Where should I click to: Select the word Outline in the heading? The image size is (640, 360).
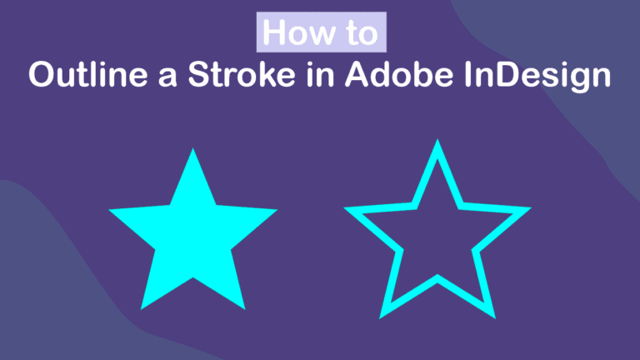click(x=88, y=75)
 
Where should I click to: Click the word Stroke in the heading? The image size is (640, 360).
click(x=242, y=74)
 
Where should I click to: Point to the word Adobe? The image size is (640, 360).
click(x=399, y=74)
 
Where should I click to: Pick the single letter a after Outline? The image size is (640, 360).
click(x=167, y=78)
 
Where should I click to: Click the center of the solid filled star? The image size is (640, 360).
click(x=193, y=237)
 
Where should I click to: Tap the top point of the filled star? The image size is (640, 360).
click(x=193, y=148)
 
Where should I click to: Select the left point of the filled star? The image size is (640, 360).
click(x=109, y=210)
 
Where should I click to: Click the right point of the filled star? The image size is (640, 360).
click(x=277, y=210)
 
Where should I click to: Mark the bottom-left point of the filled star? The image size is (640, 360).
click(x=141, y=309)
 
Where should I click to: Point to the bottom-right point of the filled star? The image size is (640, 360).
click(x=245, y=309)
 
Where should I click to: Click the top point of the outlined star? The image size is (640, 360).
click(x=437, y=140)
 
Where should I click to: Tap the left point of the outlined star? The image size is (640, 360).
click(x=345, y=208)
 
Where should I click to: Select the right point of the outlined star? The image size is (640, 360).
click(x=531, y=208)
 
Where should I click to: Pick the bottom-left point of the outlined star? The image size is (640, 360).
click(x=380, y=318)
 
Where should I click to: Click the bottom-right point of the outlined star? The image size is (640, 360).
click(x=495, y=318)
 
